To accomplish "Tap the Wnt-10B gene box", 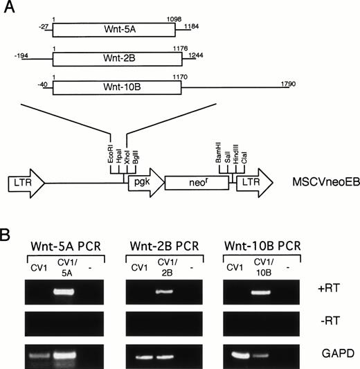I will [x=114, y=88].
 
